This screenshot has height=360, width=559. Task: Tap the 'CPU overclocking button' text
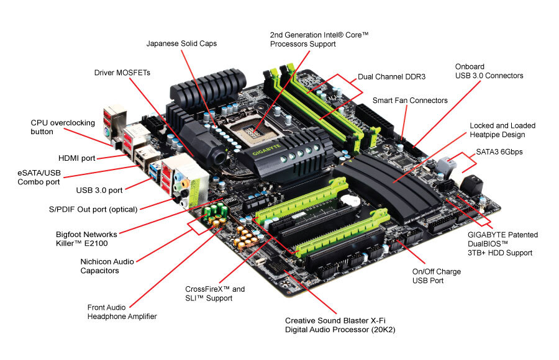click(x=60, y=127)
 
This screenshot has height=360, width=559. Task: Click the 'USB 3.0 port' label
click(x=99, y=190)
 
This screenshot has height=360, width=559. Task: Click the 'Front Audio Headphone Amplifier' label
click(x=122, y=312)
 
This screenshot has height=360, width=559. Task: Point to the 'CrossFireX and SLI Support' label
click(x=215, y=294)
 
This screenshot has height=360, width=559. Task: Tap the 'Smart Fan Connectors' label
click(x=410, y=101)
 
